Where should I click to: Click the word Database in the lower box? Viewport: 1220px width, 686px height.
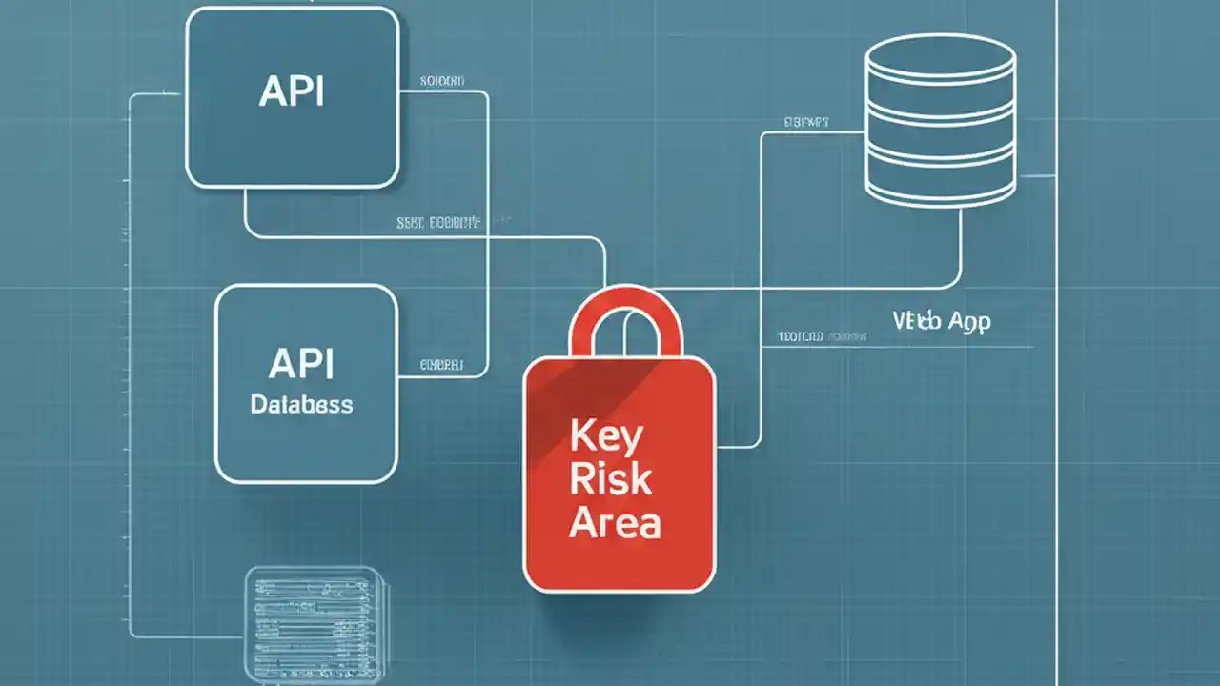(301, 404)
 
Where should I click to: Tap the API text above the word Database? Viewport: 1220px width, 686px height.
(301, 363)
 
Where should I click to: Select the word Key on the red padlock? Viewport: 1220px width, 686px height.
(606, 436)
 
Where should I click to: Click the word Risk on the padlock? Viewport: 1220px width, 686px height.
(611, 479)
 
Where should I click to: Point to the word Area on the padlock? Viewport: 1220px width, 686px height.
(615, 522)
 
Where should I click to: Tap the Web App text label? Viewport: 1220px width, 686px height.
(942, 321)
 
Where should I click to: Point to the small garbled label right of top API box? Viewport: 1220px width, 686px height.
(442, 82)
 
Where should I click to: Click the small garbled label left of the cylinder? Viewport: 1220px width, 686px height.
(806, 122)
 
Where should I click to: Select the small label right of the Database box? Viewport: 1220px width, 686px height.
(441, 364)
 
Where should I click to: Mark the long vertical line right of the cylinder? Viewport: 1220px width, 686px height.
(1057, 381)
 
